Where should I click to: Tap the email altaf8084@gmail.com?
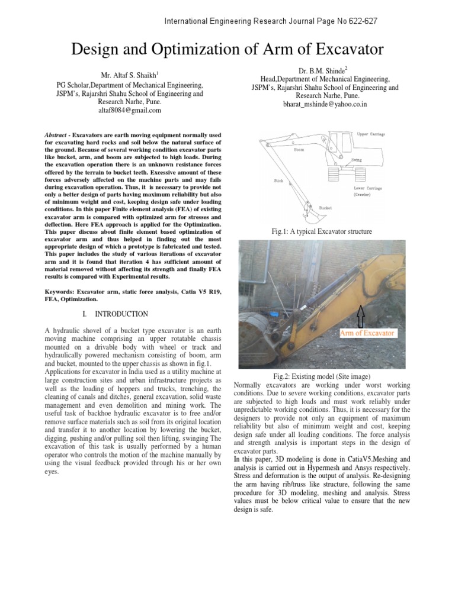(122, 111)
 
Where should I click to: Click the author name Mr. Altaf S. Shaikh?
(121, 76)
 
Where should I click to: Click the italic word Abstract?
(56, 135)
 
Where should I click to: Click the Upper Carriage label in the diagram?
(371, 134)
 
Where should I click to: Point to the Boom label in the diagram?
(299, 150)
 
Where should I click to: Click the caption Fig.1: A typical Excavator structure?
(322, 231)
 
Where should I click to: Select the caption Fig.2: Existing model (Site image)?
(322, 376)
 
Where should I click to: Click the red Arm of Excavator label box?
(367, 333)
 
